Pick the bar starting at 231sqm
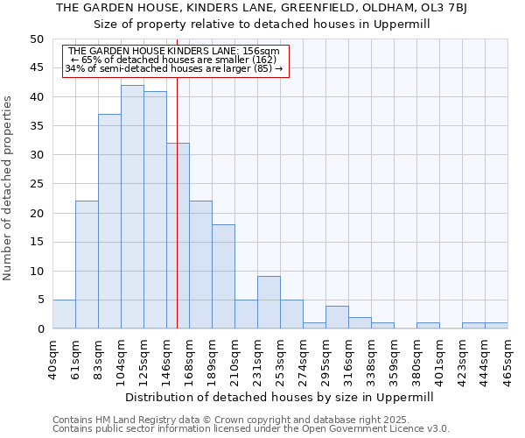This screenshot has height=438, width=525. pos(269,303)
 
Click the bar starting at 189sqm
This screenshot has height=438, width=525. pos(223,277)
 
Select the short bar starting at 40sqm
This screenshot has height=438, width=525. pos(64,314)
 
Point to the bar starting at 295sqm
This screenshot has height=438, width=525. pos(337,317)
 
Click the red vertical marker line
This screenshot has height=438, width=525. pos(178,219)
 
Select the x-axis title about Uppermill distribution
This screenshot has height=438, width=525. pos(279,397)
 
